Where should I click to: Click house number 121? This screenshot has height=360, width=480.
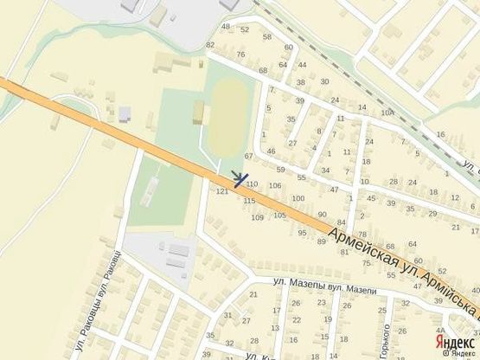pos(221,191)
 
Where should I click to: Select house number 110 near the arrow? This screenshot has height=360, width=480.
pos(252,184)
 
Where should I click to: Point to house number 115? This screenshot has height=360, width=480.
pos(249,201)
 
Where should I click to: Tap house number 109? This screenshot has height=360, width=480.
pos(257,217)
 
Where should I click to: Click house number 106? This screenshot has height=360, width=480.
pos(275,185)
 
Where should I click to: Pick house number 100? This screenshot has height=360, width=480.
pos(298,198)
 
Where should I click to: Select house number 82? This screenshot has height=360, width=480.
pos(209,44)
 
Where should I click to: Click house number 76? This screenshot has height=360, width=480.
pos(240,55)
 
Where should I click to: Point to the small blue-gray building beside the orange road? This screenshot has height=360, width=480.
pos(125,113)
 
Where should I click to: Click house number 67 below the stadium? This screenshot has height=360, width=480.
pos(249,156)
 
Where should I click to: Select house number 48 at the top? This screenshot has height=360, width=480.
pos(227,27)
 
